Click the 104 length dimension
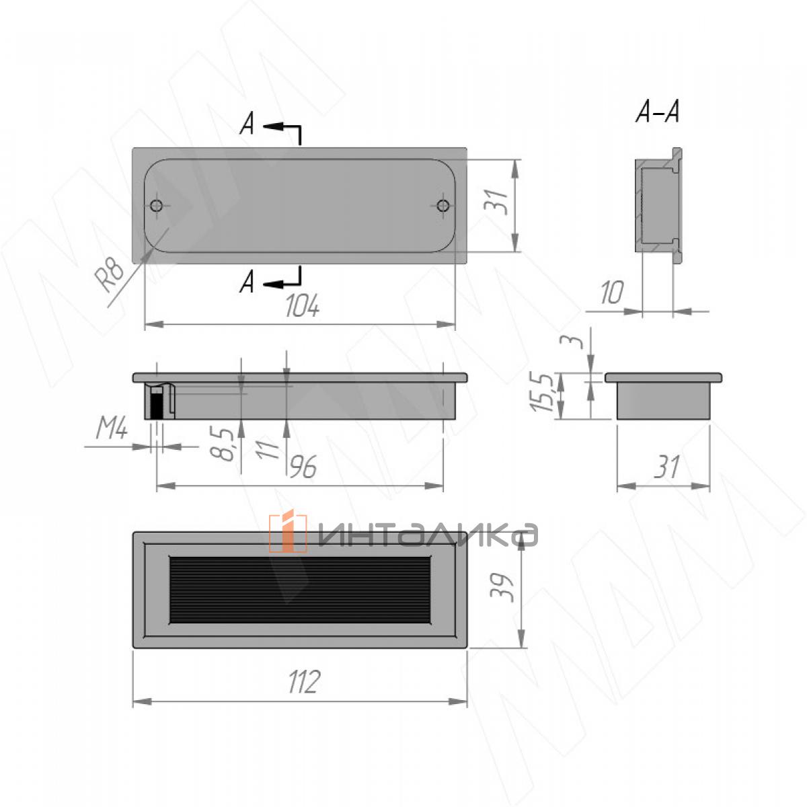click(303, 306)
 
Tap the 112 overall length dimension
click(305, 682)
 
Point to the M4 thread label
click(112, 429)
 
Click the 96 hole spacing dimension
click(303, 467)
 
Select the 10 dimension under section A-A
click(611, 293)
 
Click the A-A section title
click(657, 112)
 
